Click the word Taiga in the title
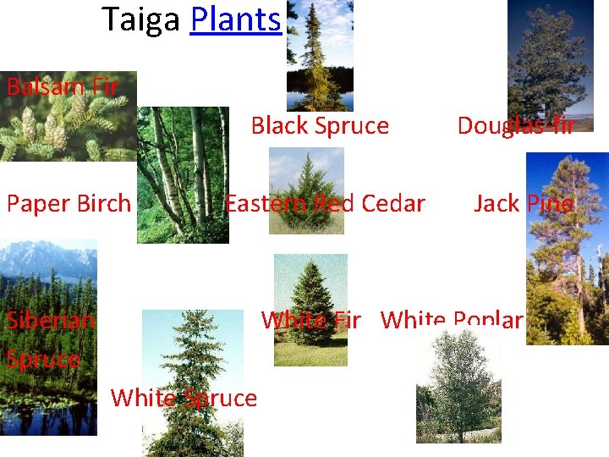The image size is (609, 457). coord(140,19)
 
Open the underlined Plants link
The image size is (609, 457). coord(235,19)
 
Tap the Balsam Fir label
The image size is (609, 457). coord(62,86)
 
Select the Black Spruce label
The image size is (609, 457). coord(320,126)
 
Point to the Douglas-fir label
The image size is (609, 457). coord(515,126)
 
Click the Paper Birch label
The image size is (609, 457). coord(69,203)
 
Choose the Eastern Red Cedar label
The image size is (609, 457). coord(324,203)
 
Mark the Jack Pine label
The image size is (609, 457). coord(524,203)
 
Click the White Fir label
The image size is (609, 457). coord(310,320)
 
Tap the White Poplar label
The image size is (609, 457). coord(452,320)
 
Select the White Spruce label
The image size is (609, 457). coord(184,398)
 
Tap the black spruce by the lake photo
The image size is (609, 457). coord(320,55)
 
